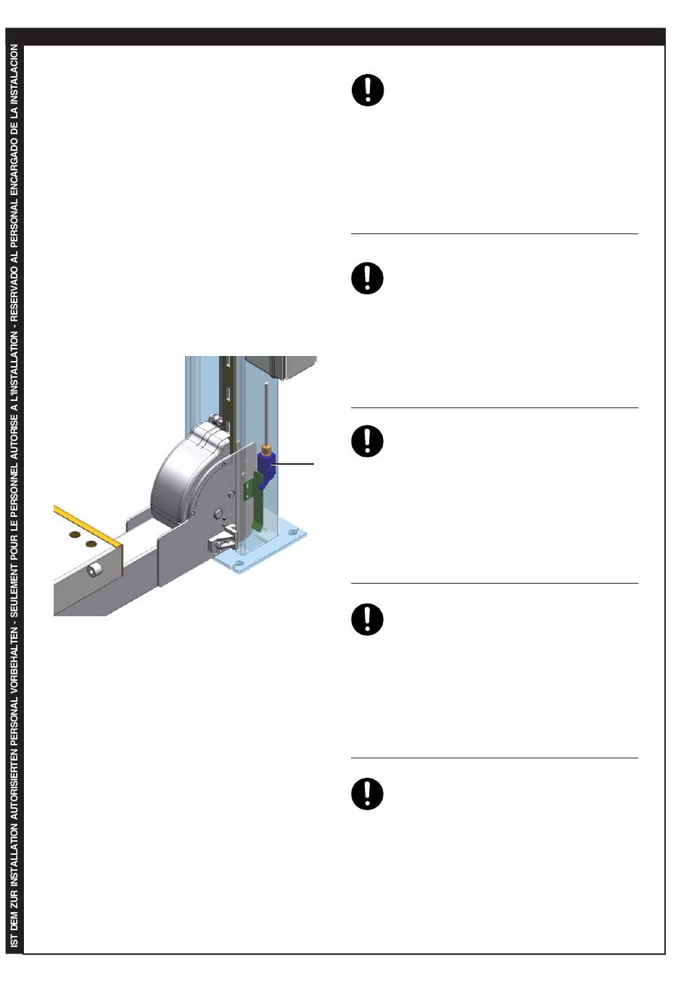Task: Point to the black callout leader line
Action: pyautogui.click(x=295, y=463)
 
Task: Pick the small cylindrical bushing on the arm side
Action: pyautogui.click(x=95, y=571)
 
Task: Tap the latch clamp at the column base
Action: pyautogui.click(x=223, y=540)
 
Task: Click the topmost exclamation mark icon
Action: pyautogui.click(x=368, y=91)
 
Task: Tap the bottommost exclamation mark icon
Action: pyautogui.click(x=368, y=794)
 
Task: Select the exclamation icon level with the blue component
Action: pyautogui.click(x=368, y=441)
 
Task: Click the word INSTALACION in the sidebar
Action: pyautogui.click(x=15, y=72)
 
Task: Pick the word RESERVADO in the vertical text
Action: pyautogui.click(x=15, y=298)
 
